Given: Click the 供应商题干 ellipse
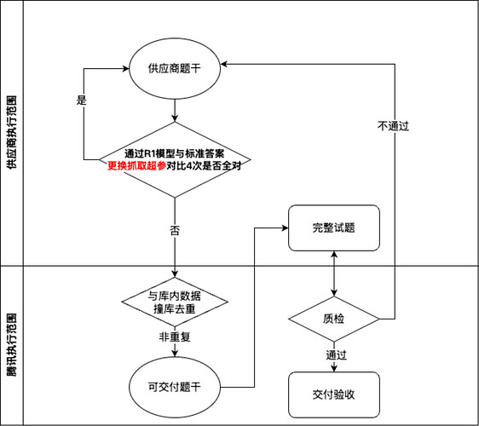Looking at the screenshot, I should (174, 68).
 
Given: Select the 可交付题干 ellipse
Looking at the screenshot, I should (174, 386).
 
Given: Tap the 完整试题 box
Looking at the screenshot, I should (333, 228).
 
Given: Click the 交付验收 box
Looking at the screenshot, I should (333, 394).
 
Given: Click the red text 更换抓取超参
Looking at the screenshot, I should (136, 166).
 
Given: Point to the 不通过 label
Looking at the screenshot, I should (393, 125).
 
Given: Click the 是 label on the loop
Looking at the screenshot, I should (82, 100).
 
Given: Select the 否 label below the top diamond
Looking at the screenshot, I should (174, 231).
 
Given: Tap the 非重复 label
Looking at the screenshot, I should (174, 337).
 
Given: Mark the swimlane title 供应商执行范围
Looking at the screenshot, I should (11, 132).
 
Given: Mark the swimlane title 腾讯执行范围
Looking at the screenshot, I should (11, 345).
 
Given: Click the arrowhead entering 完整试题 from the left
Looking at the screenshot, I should (284, 227).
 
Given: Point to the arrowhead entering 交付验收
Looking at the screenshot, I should (333, 368).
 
